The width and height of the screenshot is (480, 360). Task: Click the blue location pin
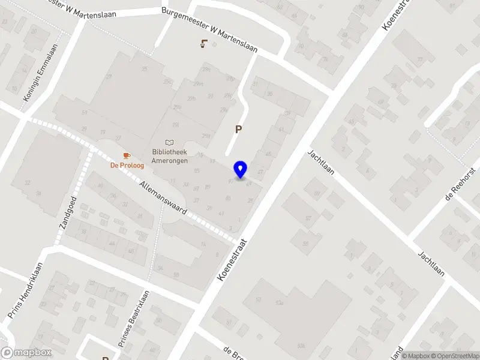pos(241,169)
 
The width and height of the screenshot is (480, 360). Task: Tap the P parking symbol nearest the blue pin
pos(239,129)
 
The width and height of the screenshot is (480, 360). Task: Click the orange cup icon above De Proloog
pos(126,156)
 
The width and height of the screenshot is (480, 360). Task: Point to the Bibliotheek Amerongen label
pos(170,157)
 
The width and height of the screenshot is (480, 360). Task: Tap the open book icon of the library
pos(170,142)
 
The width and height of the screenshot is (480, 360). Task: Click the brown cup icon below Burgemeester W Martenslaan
pos(205,43)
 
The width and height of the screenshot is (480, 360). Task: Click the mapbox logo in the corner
pos(26,353)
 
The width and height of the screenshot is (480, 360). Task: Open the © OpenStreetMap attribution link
pos(454,356)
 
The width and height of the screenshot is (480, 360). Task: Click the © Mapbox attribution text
pos(415,356)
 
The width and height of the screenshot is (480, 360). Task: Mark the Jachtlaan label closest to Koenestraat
pos(320,162)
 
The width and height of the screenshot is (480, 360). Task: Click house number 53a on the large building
pos(278,304)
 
